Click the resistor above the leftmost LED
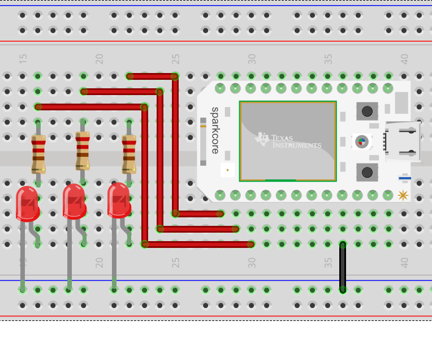click(x=38, y=153)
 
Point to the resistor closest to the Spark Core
click(x=129, y=153)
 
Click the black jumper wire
click(x=343, y=267)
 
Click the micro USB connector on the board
click(x=403, y=141)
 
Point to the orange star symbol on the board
click(x=403, y=195)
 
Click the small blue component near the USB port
click(x=405, y=178)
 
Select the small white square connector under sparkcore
click(x=227, y=169)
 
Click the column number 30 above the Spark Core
click(x=252, y=58)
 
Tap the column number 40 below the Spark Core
click(x=404, y=263)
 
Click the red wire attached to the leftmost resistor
click(x=90, y=106)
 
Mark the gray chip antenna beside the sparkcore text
click(x=203, y=141)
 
